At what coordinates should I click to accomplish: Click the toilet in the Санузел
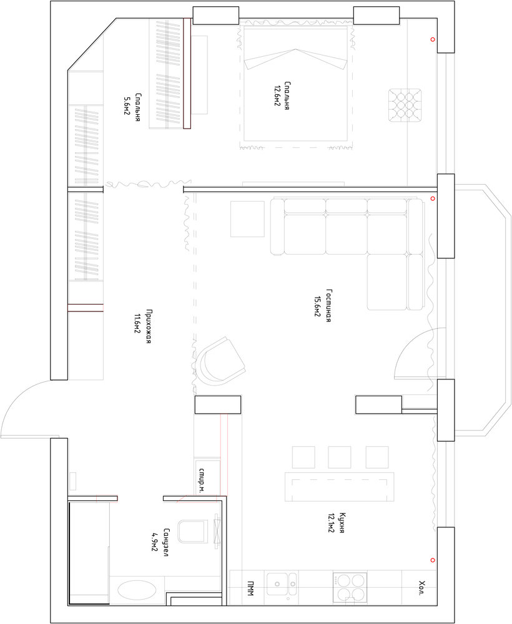click(x=193, y=531)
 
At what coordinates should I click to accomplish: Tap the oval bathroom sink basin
click(x=137, y=590)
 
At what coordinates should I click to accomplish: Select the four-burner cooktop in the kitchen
click(x=350, y=587)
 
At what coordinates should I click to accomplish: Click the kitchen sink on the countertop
click(x=282, y=584)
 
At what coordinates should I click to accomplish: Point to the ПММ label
click(x=250, y=588)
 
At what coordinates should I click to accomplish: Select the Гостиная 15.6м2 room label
click(x=323, y=306)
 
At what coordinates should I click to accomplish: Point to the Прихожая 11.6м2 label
click(x=142, y=326)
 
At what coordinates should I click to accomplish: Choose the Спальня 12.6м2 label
click(x=282, y=95)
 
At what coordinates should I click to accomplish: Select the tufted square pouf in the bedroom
click(x=405, y=105)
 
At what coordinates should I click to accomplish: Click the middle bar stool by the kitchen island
click(x=339, y=457)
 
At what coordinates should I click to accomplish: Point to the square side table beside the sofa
click(x=247, y=219)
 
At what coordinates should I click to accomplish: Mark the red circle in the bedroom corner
click(x=433, y=39)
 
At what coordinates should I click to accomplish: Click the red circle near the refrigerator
click(x=433, y=560)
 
